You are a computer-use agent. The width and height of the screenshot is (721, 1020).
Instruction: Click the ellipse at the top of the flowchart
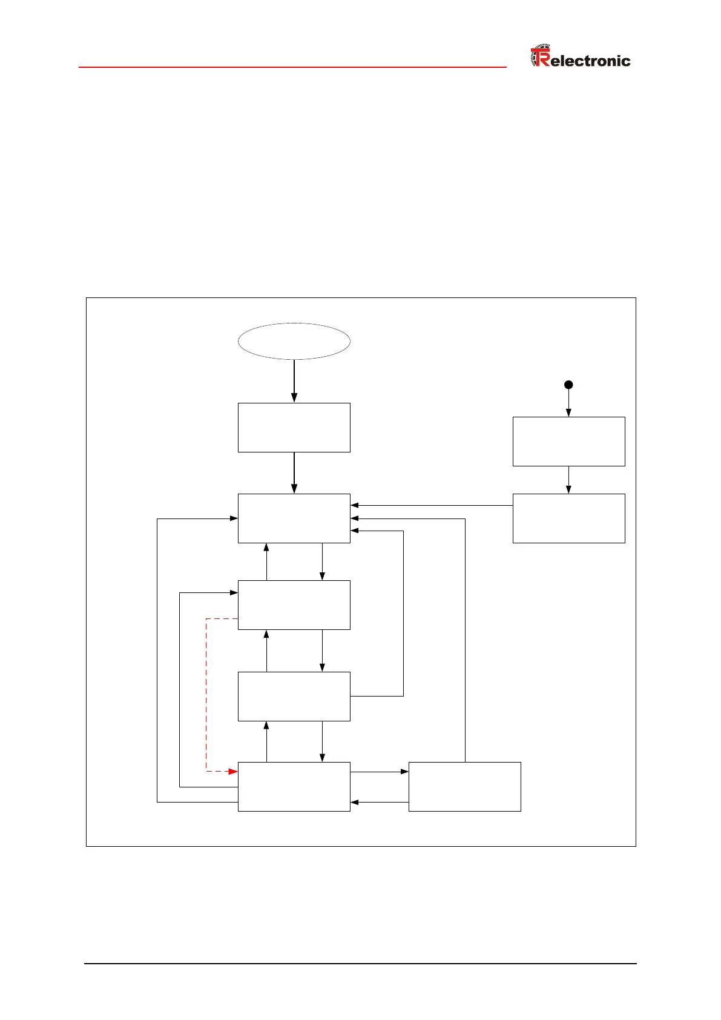[294, 341]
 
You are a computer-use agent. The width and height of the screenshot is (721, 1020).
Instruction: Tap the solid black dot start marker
[568, 385]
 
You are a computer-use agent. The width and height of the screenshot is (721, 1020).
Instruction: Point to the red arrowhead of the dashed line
[232, 771]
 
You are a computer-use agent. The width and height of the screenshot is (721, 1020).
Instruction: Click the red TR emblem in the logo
[540, 56]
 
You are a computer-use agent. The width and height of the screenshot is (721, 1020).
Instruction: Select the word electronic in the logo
[590, 61]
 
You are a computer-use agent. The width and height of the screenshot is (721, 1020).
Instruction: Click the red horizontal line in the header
[292, 67]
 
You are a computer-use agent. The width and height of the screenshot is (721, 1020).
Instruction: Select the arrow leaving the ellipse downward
[294, 381]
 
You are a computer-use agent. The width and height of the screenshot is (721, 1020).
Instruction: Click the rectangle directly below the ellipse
[294, 427]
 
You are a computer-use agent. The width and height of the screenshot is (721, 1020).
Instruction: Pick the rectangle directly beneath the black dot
[568, 441]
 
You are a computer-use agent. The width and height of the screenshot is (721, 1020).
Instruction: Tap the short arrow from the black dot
[568, 403]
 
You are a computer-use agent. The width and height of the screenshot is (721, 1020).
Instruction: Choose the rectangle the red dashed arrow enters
[294, 786]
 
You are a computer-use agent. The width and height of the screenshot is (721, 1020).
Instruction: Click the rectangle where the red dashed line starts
[294, 604]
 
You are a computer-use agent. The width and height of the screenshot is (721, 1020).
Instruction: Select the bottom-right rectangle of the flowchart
[464, 786]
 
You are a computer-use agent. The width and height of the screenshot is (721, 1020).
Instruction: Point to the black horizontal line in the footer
[360, 963]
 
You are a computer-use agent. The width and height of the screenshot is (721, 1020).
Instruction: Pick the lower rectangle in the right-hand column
[568, 518]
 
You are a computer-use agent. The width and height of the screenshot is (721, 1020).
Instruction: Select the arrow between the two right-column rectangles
[568, 480]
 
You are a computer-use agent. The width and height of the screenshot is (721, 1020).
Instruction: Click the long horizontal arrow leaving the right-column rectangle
[432, 505]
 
